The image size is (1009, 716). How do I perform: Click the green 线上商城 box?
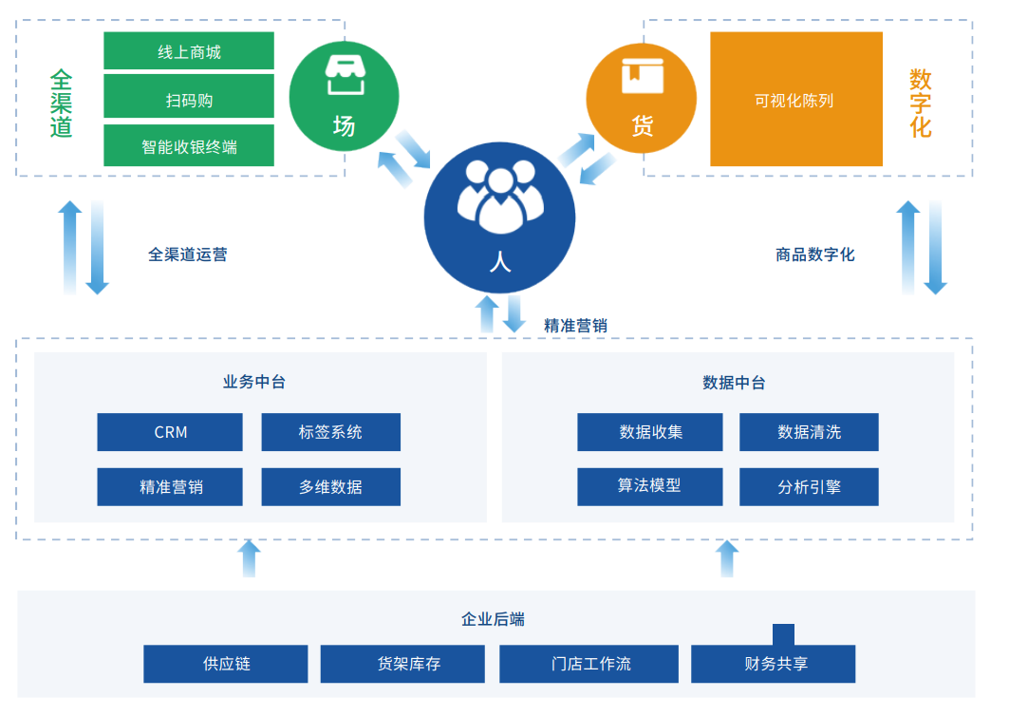[x=189, y=51]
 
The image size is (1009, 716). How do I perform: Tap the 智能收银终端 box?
[x=189, y=145]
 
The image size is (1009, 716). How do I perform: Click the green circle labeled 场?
[x=344, y=97]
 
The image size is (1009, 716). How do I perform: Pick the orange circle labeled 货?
[x=641, y=99]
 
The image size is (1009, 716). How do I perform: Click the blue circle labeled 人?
[x=499, y=217]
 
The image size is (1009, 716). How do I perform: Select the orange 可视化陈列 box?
[x=796, y=99]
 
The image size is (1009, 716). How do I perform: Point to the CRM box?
[x=170, y=432]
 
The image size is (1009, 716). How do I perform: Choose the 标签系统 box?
[x=330, y=432]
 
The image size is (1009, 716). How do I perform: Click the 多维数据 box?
[x=330, y=487]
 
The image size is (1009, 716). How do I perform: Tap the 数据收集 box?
[x=650, y=432]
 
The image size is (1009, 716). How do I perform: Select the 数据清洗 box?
[x=809, y=432]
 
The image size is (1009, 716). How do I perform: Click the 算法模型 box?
[x=650, y=487]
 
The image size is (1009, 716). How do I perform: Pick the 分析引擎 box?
[x=809, y=487]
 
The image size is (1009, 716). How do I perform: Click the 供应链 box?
[x=225, y=664]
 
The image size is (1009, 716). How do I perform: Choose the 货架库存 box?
[x=402, y=664]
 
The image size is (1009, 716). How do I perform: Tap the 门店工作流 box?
[x=589, y=664]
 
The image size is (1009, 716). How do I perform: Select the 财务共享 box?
[x=773, y=664]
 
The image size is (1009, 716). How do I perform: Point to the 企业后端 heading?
[x=493, y=619]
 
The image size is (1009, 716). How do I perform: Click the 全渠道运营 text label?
[x=188, y=255]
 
